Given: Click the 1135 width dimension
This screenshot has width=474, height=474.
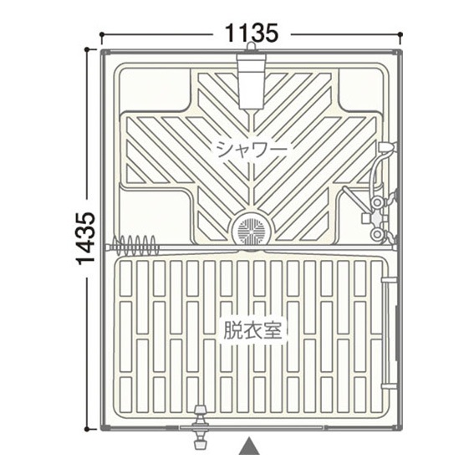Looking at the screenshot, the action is point(251,33).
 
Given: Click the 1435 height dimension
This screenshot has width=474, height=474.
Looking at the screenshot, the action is point(85,238).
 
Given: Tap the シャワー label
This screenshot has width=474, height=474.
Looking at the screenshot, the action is point(252,150).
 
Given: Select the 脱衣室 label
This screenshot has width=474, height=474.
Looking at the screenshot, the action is point(252,331).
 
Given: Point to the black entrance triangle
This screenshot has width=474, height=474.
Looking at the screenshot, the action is point(249,445).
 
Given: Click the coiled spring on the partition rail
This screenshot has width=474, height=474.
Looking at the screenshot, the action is point(135,245).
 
